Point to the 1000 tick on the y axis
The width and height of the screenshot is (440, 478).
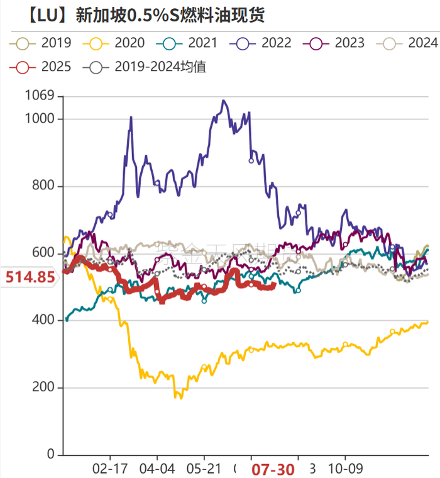tap(41, 119)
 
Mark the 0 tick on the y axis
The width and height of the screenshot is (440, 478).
tap(52, 455)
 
